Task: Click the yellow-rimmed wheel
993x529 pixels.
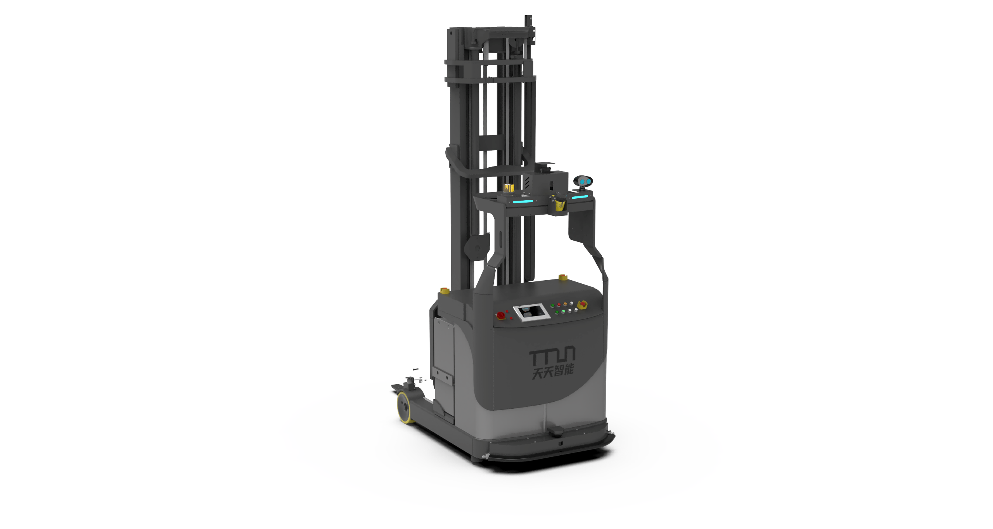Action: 405,408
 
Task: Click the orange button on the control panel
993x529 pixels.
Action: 565,304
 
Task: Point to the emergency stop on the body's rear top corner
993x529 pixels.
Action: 563,278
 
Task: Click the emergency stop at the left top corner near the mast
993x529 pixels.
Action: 445,291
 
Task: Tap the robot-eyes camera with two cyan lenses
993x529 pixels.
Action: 583,182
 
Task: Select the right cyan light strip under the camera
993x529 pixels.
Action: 580,197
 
